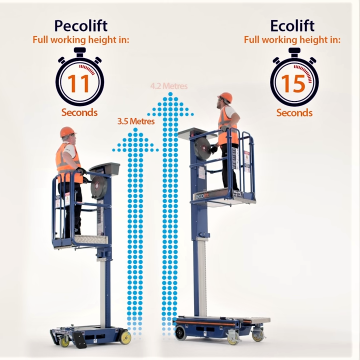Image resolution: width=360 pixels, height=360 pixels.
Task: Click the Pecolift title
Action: [x=80, y=25]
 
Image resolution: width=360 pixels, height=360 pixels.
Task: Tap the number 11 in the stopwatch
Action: [x=79, y=83]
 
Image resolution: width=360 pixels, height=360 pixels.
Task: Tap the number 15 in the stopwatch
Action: [x=293, y=83]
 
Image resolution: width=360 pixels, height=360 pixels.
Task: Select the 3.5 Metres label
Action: [x=136, y=121]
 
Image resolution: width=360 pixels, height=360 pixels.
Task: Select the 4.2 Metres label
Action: [x=169, y=86]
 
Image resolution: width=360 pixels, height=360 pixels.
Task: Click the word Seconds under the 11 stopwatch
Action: [x=79, y=112]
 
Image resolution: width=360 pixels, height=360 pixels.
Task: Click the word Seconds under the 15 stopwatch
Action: [x=294, y=112]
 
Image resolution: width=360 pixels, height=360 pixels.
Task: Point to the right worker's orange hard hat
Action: [x=225, y=97]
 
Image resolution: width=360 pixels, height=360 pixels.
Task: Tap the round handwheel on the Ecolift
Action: [x=203, y=148]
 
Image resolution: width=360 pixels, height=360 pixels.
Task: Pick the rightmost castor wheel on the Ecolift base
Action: [x=258, y=334]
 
